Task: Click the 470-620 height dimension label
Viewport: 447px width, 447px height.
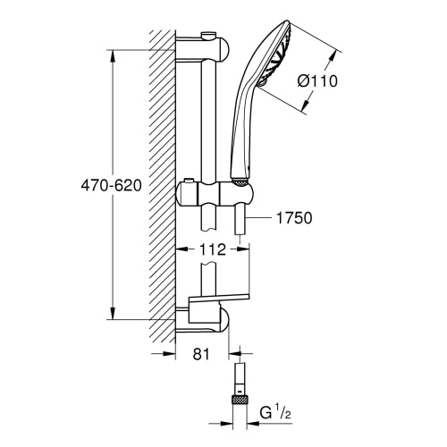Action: pyautogui.click(x=111, y=186)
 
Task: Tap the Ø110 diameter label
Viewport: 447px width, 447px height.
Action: pyautogui.click(x=317, y=80)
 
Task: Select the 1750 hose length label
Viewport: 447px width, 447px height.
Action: pyautogui.click(x=294, y=218)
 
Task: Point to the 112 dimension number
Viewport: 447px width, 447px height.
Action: pyautogui.click(x=213, y=249)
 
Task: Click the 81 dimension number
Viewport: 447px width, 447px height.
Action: pyautogui.click(x=201, y=354)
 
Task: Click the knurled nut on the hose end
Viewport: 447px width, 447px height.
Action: pyautogui.click(x=239, y=401)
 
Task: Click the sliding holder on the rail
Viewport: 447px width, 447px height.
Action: pyautogui.click(x=214, y=195)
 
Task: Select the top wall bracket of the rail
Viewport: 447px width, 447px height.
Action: pyautogui.click(x=203, y=49)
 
